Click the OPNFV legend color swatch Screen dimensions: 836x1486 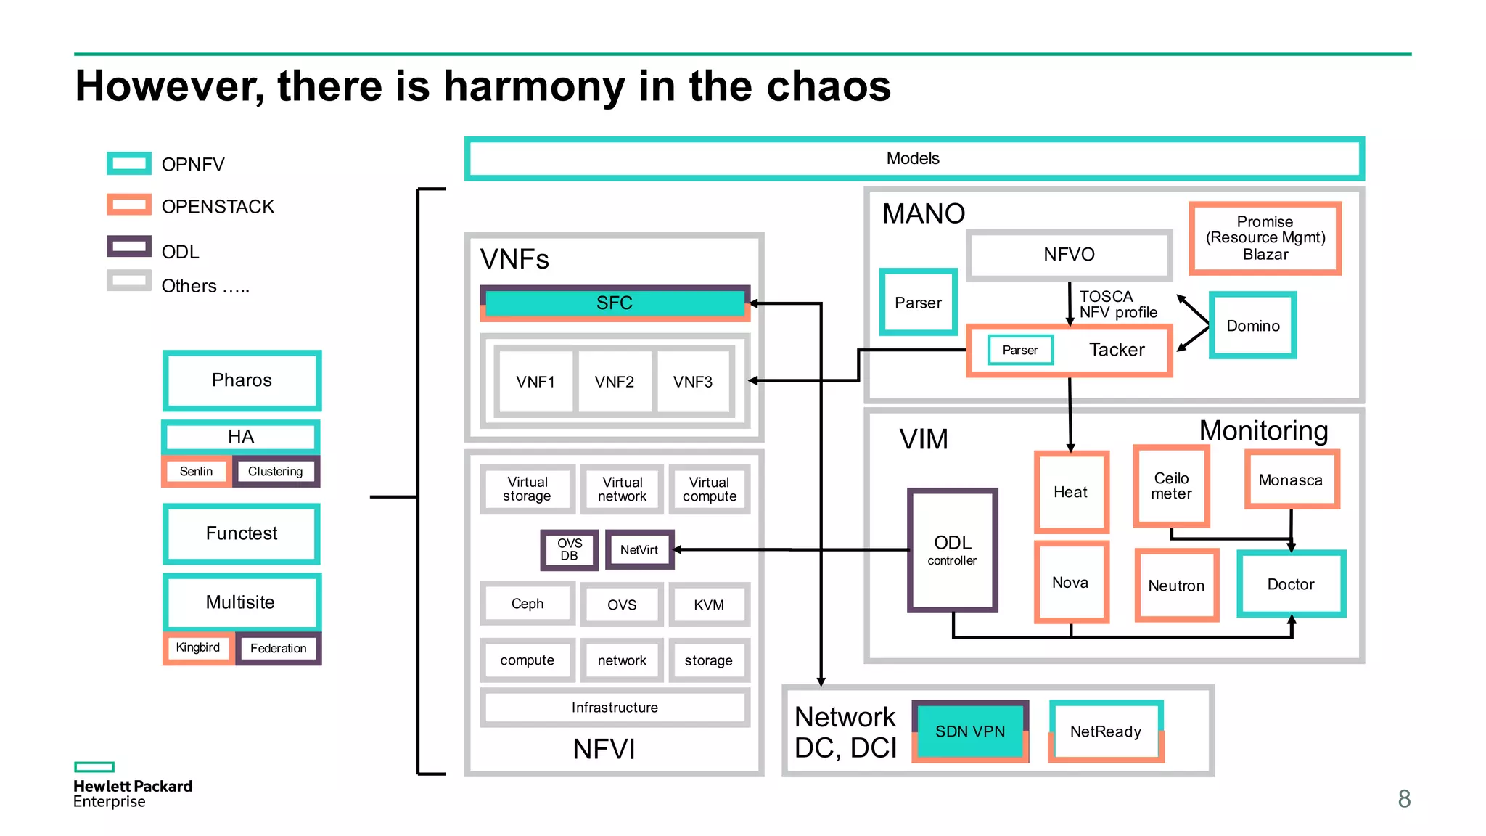point(128,163)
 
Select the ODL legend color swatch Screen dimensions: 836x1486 point(128,247)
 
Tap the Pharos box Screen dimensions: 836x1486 point(242,380)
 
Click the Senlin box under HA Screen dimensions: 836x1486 point(196,472)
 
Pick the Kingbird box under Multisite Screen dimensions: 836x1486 point(197,647)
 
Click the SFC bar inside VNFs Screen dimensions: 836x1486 point(615,303)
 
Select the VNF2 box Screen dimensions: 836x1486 point(615,382)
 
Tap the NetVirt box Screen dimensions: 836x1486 point(639,550)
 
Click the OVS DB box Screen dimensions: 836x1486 point(570,550)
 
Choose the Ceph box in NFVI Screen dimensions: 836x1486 point(528,604)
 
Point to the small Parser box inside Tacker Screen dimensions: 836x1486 point(1020,351)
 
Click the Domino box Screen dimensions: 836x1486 point(1253,326)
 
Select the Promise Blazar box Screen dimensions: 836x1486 point(1265,238)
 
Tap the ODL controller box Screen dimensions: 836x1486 point(953,550)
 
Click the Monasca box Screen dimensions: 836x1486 point(1291,480)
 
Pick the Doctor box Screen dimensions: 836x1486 point(1291,584)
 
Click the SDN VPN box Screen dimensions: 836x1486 point(970,731)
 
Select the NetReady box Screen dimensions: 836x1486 point(1106,731)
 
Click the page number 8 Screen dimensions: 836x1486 point(1404,799)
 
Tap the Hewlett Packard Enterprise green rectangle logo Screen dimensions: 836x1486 point(94,767)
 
